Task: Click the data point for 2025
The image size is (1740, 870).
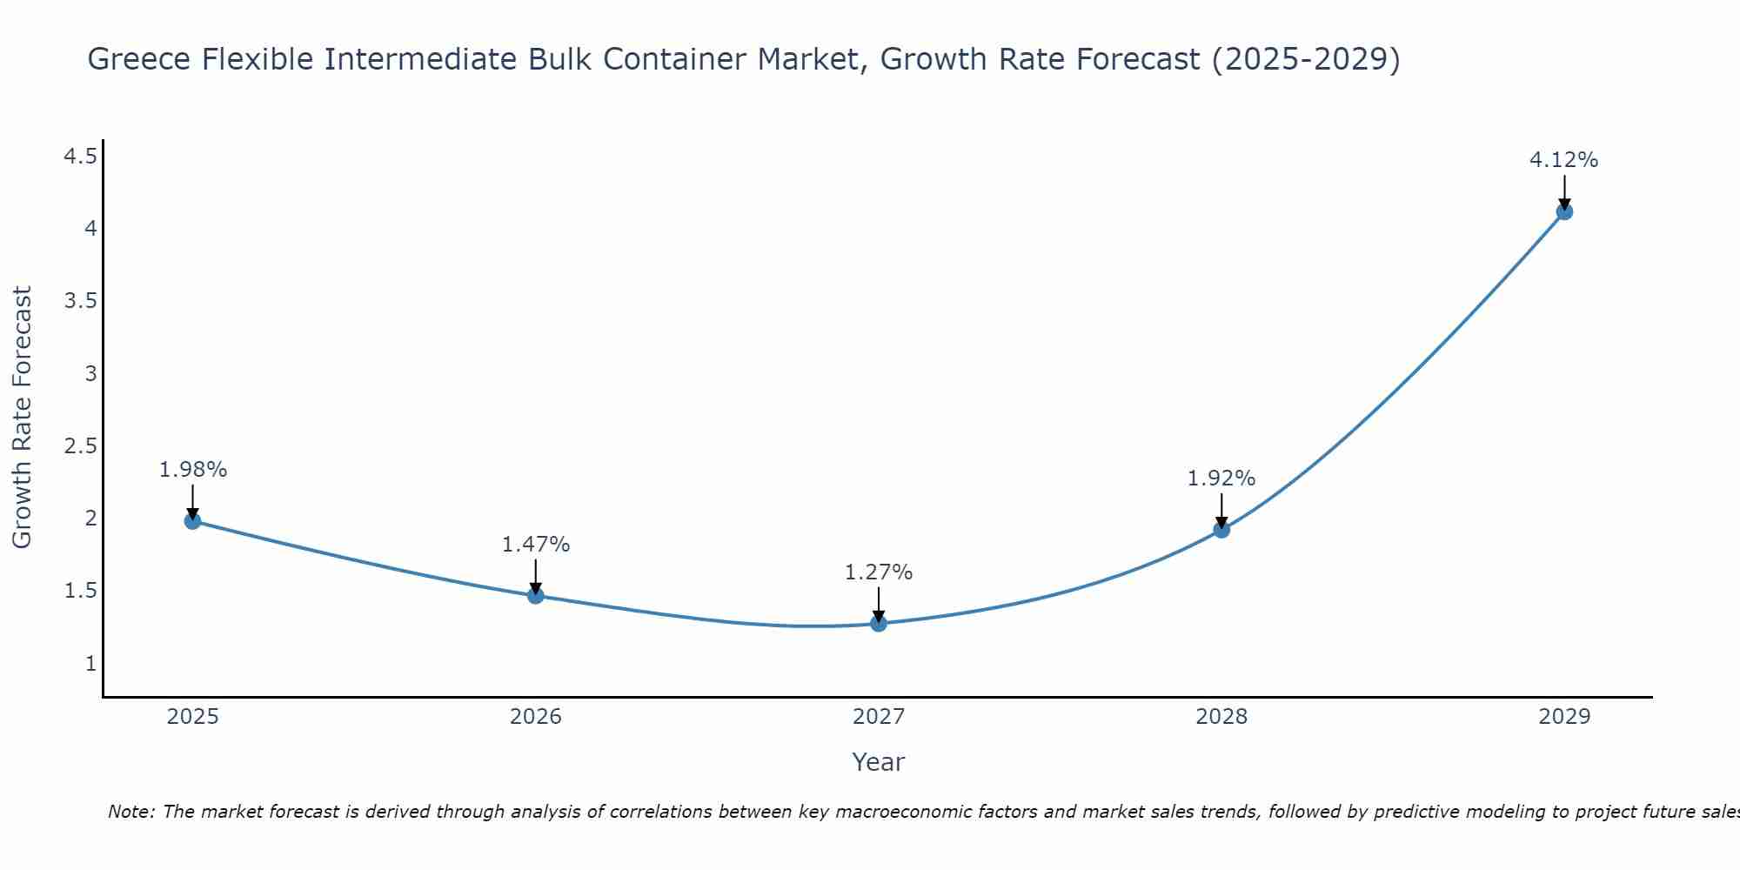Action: (192, 521)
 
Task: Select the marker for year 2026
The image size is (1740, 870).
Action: (536, 595)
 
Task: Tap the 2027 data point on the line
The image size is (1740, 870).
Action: (879, 623)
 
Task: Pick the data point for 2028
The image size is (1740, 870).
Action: (1221, 529)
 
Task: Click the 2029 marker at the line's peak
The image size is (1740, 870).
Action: (1564, 211)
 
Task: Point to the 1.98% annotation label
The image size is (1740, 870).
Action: (193, 470)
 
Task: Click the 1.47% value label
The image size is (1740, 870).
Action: (536, 545)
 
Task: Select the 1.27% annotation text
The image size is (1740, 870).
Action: (879, 572)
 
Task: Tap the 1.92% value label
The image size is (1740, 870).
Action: (1221, 478)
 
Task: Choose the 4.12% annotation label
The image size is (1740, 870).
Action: (1564, 160)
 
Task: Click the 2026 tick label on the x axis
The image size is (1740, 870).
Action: (536, 717)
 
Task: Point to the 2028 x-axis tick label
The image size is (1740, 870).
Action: (1221, 717)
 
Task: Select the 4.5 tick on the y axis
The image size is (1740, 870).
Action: (80, 157)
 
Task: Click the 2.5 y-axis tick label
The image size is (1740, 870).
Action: (80, 446)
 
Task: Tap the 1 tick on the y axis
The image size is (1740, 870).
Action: (90, 664)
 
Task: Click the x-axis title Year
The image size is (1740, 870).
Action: (879, 762)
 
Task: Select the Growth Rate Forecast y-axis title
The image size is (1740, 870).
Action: (23, 418)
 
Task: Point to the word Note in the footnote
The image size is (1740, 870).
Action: (130, 812)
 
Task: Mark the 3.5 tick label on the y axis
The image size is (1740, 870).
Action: (80, 301)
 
